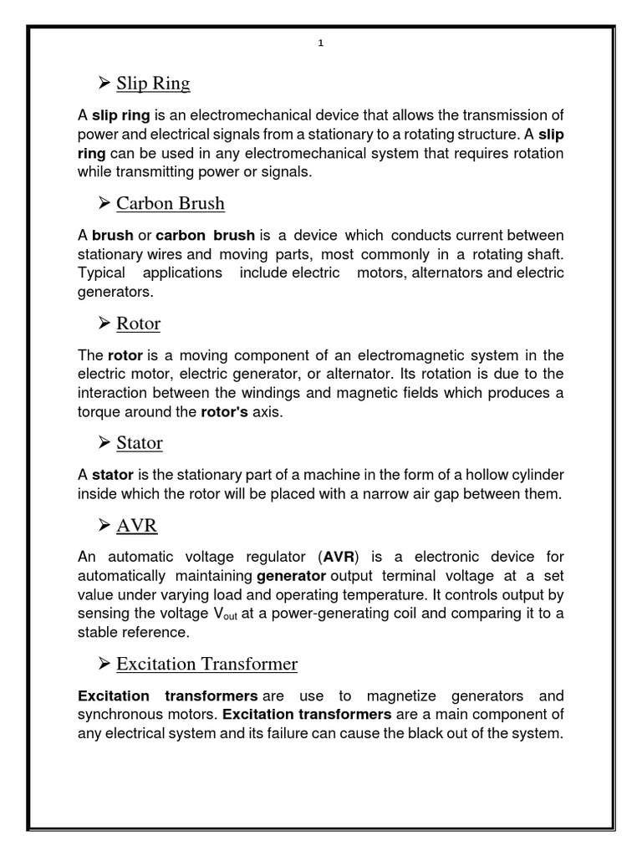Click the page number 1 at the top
pos(321,44)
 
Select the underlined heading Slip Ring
pos(153,84)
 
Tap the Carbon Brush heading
pos(171,203)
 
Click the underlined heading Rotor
pos(139,323)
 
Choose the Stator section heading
pos(140,442)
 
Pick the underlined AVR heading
pos(137,525)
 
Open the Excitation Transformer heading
pos(206,664)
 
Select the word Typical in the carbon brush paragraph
pos(101,273)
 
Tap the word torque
pos(98,413)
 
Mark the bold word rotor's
pos(224,413)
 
